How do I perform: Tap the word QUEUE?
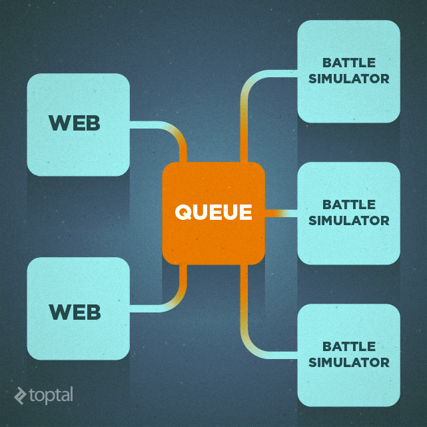pos(214,213)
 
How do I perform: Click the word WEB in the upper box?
pos(75,123)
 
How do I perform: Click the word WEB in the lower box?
pos(75,311)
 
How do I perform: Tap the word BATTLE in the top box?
pos(349,63)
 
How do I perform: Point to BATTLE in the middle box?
pos(349,205)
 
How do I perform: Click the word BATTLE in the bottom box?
pos(349,346)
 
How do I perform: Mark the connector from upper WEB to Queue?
pos(160,126)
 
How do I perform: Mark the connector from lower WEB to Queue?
pos(160,308)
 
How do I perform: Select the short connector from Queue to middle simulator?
pos(280,213)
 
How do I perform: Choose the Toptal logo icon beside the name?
pos(20,395)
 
